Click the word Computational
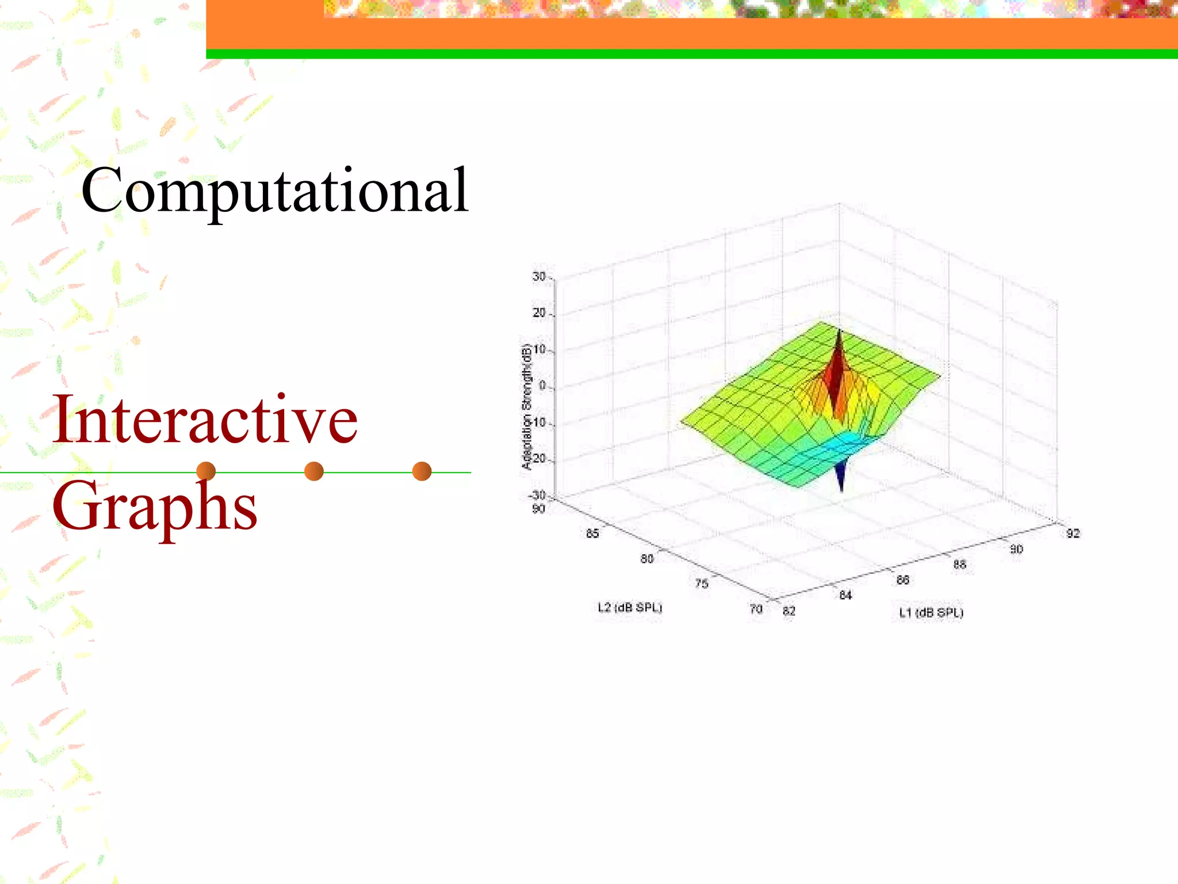pyautogui.click(x=275, y=190)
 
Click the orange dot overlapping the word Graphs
pyautogui.click(x=206, y=471)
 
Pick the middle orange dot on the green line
pyautogui.click(x=313, y=471)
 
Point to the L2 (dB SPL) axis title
pyautogui.click(x=630, y=607)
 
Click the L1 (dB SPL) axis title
pyautogui.click(x=931, y=612)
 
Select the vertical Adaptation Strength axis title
pyautogui.click(x=527, y=406)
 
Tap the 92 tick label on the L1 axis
pyautogui.click(x=1073, y=534)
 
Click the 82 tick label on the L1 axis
pyautogui.click(x=789, y=611)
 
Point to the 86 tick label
pyautogui.click(x=902, y=580)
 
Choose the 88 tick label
pyautogui.click(x=959, y=565)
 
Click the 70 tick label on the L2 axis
pyautogui.click(x=756, y=609)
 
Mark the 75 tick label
pyautogui.click(x=702, y=584)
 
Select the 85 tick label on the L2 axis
pyautogui.click(x=592, y=534)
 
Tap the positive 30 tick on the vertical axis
pyautogui.click(x=539, y=277)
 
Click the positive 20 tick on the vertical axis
pyautogui.click(x=539, y=313)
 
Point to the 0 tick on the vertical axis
pyautogui.click(x=542, y=386)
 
